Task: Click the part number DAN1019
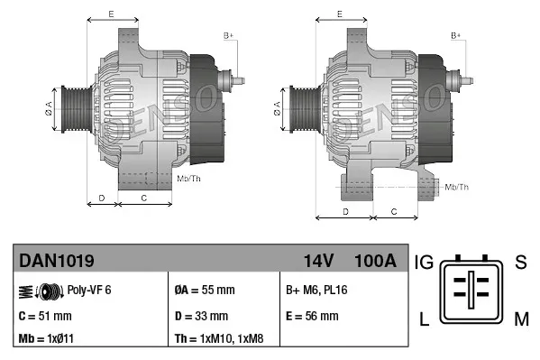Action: (56, 261)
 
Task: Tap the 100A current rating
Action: (375, 261)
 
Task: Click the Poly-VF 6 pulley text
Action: (89, 290)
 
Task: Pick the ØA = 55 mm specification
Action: (204, 290)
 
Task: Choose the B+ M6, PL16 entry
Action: (316, 290)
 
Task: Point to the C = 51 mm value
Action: (45, 316)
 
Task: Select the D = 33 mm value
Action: (201, 316)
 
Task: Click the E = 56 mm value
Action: (312, 316)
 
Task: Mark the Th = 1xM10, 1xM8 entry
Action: (220, 340)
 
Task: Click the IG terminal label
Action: (425, 263)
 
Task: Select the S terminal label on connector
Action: (520, 263)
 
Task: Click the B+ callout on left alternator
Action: (228, 35)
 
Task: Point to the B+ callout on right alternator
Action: (456, 35)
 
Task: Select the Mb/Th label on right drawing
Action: (457, 187)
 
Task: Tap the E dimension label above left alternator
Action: (110, 14)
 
